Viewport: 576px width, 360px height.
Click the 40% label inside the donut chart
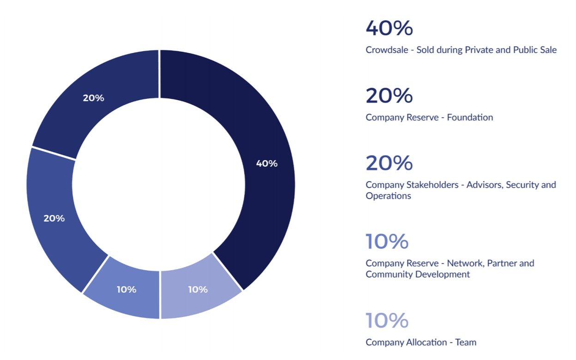(x=266, y=163)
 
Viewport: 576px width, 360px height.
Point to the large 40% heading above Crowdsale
(x=389, y=28)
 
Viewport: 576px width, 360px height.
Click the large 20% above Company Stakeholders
(x=389, y=163)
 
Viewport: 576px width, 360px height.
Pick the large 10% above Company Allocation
(x=387, y=320)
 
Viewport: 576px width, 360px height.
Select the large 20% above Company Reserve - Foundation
(x=389, y=96)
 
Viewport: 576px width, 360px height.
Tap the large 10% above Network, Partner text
(x=387, y=241)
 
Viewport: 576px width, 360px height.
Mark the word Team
(x=466, y=342)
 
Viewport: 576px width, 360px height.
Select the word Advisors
(x=484, y=185)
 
